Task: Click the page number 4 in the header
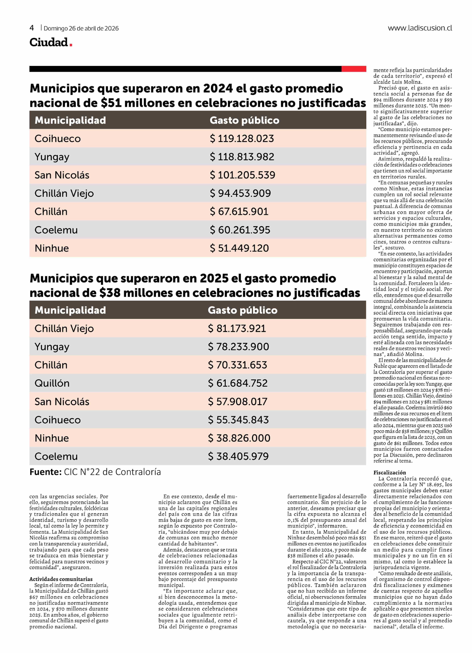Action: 32,28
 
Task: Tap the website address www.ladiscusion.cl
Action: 420,28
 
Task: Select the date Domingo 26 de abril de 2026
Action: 81,28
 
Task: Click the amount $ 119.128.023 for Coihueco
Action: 242,139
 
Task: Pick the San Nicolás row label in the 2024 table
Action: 62,175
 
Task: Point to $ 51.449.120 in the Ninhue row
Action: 239,248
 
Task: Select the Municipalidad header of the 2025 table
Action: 70,310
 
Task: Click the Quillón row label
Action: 52,383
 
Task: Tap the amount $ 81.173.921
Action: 237,329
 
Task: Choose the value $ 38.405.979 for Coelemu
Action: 238,456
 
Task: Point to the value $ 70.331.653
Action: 238,365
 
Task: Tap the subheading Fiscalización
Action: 390,472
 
